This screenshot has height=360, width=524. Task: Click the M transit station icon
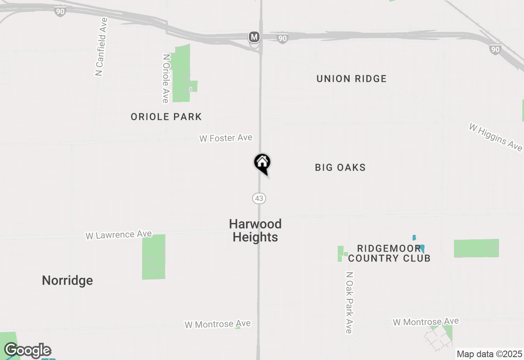pyautogui.click(x=254, y=37)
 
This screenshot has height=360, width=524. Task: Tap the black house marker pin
pyautogui.click(x=262, y=163)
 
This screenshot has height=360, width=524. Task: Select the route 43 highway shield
pyautogui.click(x=259, y=198)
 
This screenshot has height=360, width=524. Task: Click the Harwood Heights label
pyautogui.click(x=255, y=230)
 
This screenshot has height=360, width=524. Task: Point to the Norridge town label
pyautogui.click(x=68, y=281)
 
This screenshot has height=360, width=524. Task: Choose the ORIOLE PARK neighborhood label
pyautogui.click(x=166, y=117)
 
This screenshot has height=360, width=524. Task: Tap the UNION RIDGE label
pyautogui.click(x=351, y=79)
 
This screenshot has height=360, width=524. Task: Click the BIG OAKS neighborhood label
pyautogui.click(x=340, y=167)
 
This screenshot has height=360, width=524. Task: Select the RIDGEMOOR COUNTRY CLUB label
pyautogui.click(x=389, y=253)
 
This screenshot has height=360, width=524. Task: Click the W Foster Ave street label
pyautogui.click(x=226, y=138)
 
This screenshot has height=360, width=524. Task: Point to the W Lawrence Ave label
pyautogui.click(x=119, y=235)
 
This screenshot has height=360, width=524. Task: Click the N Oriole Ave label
pyautogui.click(x=165, y=79)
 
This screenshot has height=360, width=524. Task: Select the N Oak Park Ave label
pyautogui.click(x=349, y=303)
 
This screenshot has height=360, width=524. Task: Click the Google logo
pyautogui.click(x=28, y=351)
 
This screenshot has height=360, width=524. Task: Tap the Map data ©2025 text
pyautogui.click(x=489, y=354)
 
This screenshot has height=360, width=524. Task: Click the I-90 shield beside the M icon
pyautogui.click(x=282, y=38)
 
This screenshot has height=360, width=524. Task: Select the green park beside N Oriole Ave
pyautogui.click(x=181, y=74)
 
